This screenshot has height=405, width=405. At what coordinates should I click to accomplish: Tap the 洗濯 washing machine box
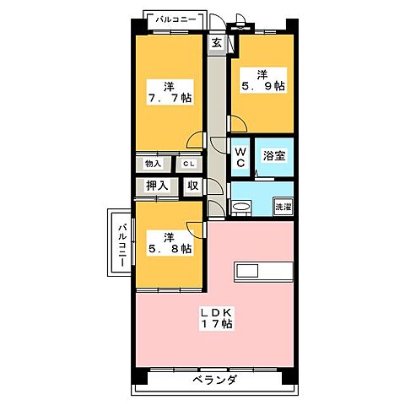pyautogui.click(x=283, y=207)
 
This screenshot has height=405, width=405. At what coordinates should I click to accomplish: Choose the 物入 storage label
pyautogui.click(x=153, y=164)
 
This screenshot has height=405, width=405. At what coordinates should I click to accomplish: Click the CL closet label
pyautogui.click(x=189, y=164)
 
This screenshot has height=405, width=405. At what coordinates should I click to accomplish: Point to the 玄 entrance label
pyautogui.click(x=217, y=44)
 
